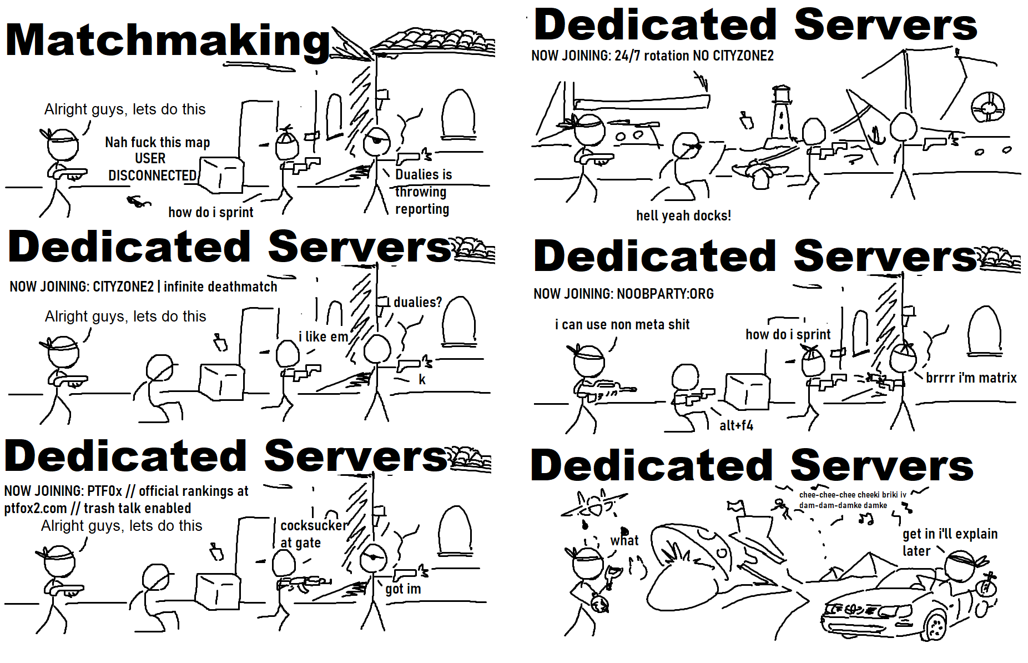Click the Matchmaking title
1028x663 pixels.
pyautogui.click(x=168, y=41)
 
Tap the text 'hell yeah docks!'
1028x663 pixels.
pyautogui.click(x=683, y=215)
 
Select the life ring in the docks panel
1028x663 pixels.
pyautogui.click(x=987, y=107)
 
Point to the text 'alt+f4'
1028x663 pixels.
pyautogui.click(x=736, y=426)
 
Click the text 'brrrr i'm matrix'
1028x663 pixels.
pyautogui.click(x=971, y=378)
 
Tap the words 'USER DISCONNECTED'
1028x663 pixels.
pyautogui.click(x=152, y=167)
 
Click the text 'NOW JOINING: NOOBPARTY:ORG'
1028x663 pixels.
pyautogui.click(x=623, y=294)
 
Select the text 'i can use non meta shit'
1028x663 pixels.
pyautogui.click(x=622, y=325)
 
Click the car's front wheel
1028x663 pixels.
pyautogui.click(x=936, y=625)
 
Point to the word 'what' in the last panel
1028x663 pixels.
pyautogui.click(x=624, y=540)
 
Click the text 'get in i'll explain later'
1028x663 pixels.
pyautogui.click(x=950, y=542)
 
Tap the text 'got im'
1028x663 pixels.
pyautogui.click(x=403, y=589)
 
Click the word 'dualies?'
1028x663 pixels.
pyautogui.click(x=417, y=303)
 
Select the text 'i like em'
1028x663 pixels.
pyautogui.click(x=323, y=336)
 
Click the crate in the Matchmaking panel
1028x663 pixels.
pyautogui.click(x=221, y=175)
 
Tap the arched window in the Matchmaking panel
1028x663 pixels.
pyautogui.click(x=458, y=114)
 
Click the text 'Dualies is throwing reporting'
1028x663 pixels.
pyautogui.click(x=423, y=192)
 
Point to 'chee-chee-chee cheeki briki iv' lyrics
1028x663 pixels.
pyautogui.click(x=853, y=495)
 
